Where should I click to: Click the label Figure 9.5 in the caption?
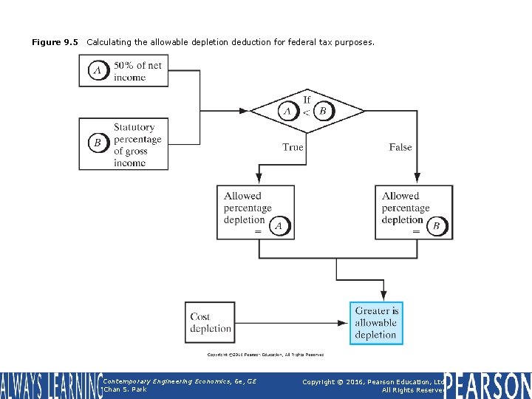click(55, 42)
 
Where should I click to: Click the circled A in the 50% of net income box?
click(98, 71)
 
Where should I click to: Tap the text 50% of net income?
click(137, 71)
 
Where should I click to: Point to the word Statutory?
click(134, 127)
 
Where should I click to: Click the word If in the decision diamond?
click(307, 99)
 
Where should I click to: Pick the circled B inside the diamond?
click(322, 112)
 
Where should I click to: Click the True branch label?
click(293, 147)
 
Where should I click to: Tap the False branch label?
click(400, 147)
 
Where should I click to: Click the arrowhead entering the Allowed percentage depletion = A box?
click(259, 178)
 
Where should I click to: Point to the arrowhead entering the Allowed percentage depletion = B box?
click(417, 178)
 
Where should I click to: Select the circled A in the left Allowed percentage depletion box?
click(279, 226)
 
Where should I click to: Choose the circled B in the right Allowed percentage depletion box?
click(436, 226)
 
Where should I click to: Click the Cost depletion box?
click(211, 322)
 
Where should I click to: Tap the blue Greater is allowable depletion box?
click(376, 323)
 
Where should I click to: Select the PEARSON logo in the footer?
click(488, 385)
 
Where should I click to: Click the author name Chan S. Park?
click(126, 389)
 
